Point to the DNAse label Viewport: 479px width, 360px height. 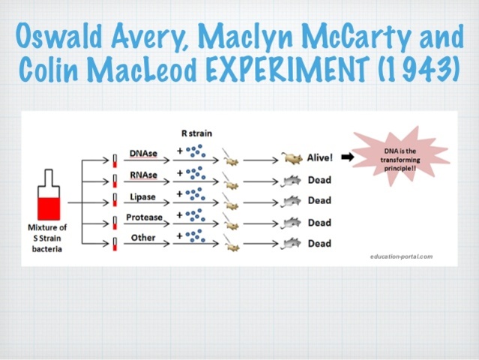[143, 154]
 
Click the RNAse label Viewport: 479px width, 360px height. [143, 175]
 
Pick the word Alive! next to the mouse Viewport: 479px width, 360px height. [320, 158]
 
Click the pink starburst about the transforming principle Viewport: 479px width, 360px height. [400, 159]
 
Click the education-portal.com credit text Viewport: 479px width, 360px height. [402, 256]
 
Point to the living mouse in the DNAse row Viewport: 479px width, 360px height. [292, 159]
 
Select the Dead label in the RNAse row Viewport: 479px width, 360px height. [319, 180]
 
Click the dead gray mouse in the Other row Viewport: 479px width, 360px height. [292, 243]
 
